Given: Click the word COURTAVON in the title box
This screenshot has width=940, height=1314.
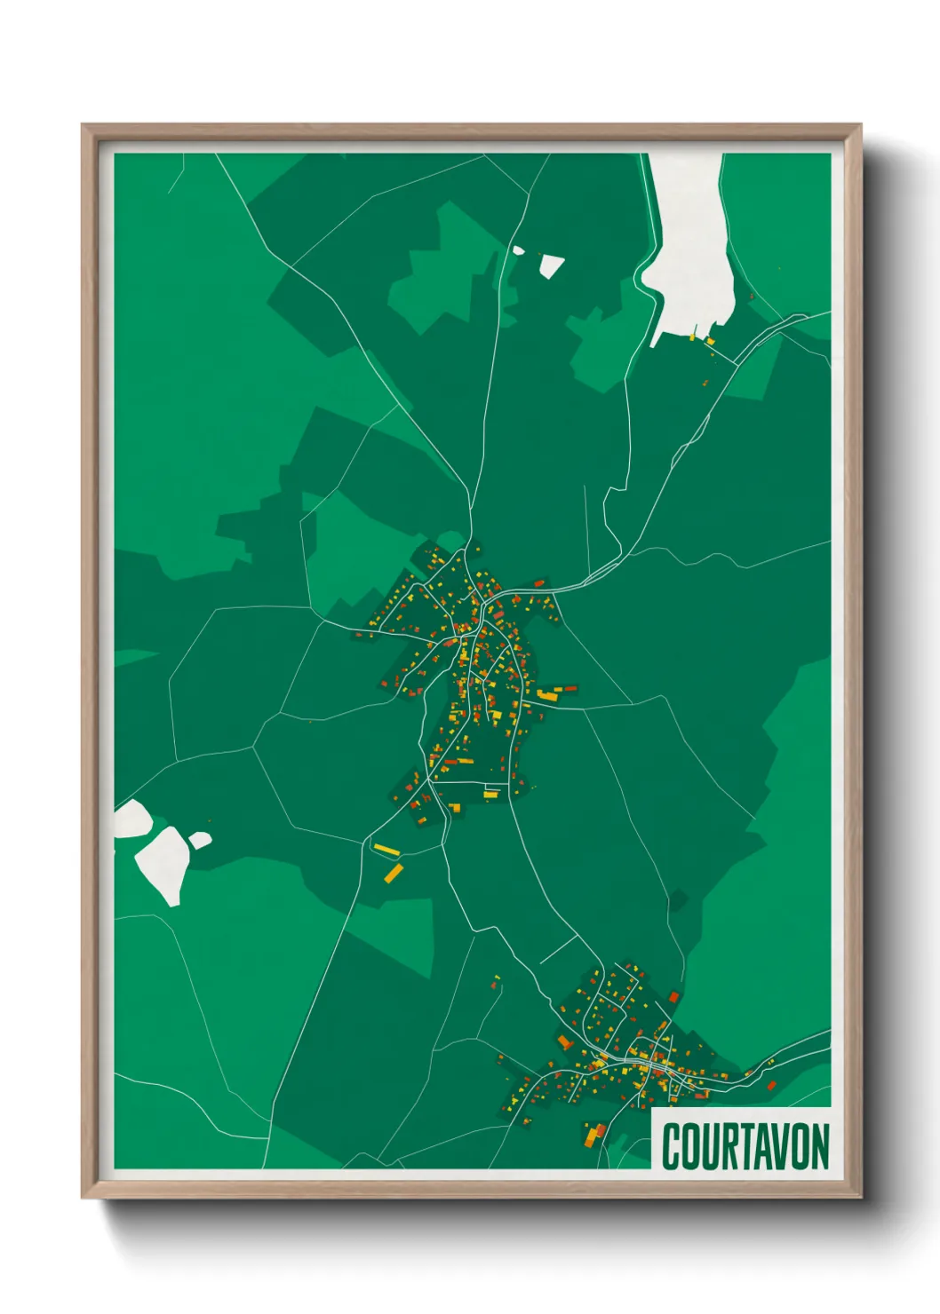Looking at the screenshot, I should click(745, 1146).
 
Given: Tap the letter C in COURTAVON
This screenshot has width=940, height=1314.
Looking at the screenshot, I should click(672, 1146).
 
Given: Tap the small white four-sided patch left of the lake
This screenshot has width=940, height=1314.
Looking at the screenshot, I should click(551, 265).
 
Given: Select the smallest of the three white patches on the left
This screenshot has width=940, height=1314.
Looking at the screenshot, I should click(200, 839).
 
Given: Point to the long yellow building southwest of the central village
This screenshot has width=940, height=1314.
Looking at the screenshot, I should click(386, 851).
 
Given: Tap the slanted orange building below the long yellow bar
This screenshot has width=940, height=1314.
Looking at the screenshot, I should click(393, 874).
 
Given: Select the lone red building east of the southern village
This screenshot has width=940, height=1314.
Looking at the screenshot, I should click(771, 1085).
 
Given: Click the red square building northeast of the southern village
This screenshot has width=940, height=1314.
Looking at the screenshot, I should click(673, 997).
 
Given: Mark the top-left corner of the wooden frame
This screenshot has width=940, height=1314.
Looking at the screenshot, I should click(83, 125).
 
